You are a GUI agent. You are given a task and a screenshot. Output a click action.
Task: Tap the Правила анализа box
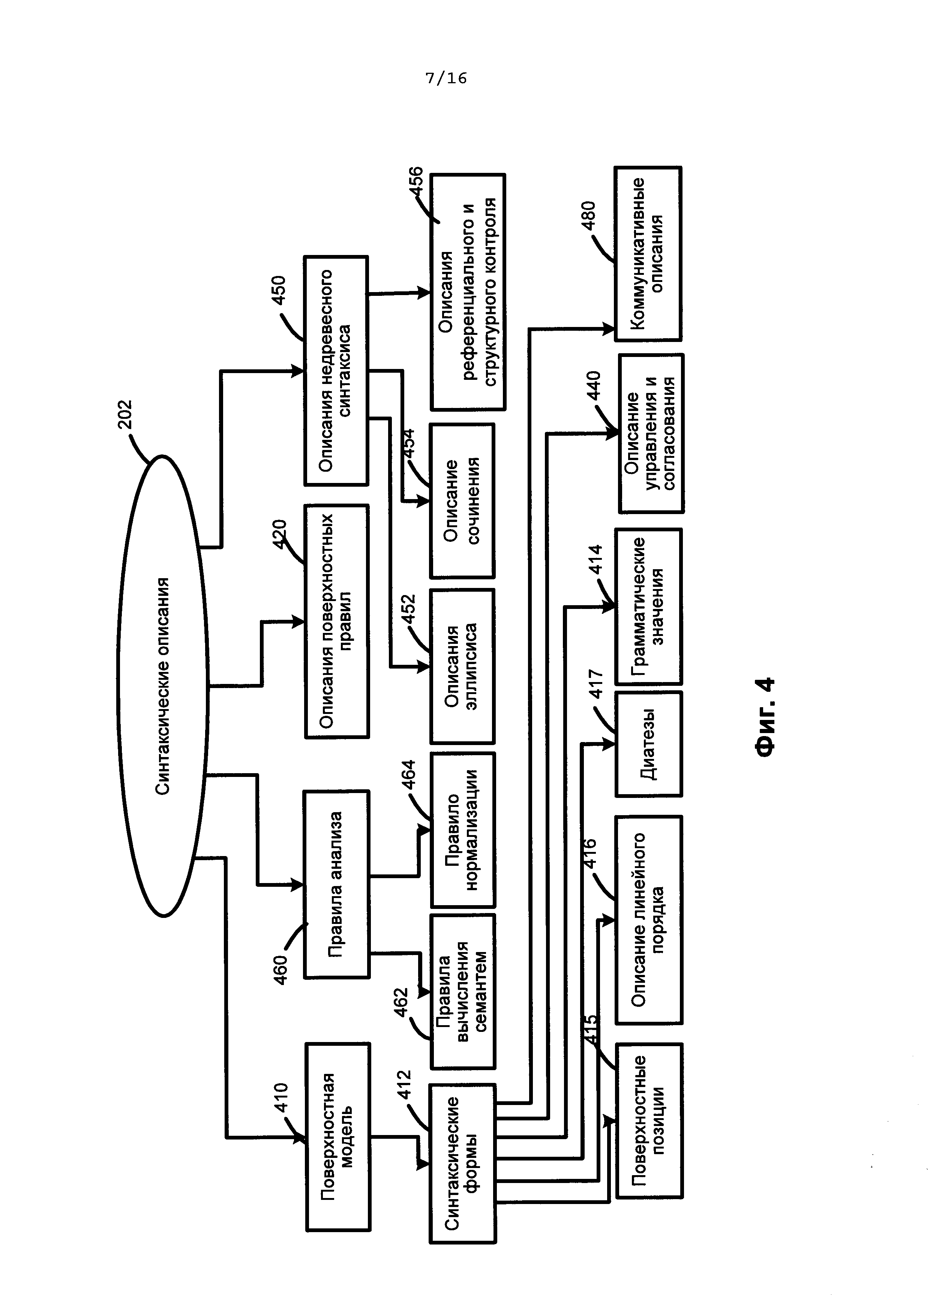337,884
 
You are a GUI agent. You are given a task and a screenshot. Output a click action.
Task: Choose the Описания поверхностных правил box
337,621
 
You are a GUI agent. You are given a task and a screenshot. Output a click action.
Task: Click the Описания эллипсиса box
462,667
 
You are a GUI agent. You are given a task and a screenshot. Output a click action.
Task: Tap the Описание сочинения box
462,501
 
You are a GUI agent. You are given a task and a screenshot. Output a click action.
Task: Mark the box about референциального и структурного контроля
468,292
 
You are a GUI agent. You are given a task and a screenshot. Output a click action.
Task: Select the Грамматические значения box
649,607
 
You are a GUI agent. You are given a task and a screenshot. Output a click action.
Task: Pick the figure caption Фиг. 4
766,718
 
